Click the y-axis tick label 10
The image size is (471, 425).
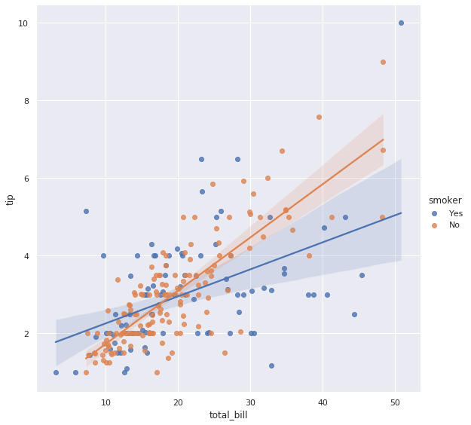[x=24, y=23]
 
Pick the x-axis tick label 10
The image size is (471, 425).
[x=106, y=402]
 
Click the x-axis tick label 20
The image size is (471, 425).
[x=178, y=402]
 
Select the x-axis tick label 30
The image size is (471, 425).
[x=250, y=402]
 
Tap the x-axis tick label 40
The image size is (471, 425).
[x=323, y=402]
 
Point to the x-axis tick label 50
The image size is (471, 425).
[x=395, y=402]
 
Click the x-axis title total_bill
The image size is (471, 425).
[x=228, y=415]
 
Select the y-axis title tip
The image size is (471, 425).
[x=11, y=199]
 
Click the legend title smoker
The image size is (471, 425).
[x=445, y=200]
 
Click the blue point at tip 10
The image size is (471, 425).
[x=401, y=23]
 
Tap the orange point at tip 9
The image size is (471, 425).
[x=383, y=62]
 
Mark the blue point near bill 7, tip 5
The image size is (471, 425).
[x=86, y=211]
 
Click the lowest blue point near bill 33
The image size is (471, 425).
[x=271, y=365]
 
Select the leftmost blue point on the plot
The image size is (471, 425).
[x=56, y=372]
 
